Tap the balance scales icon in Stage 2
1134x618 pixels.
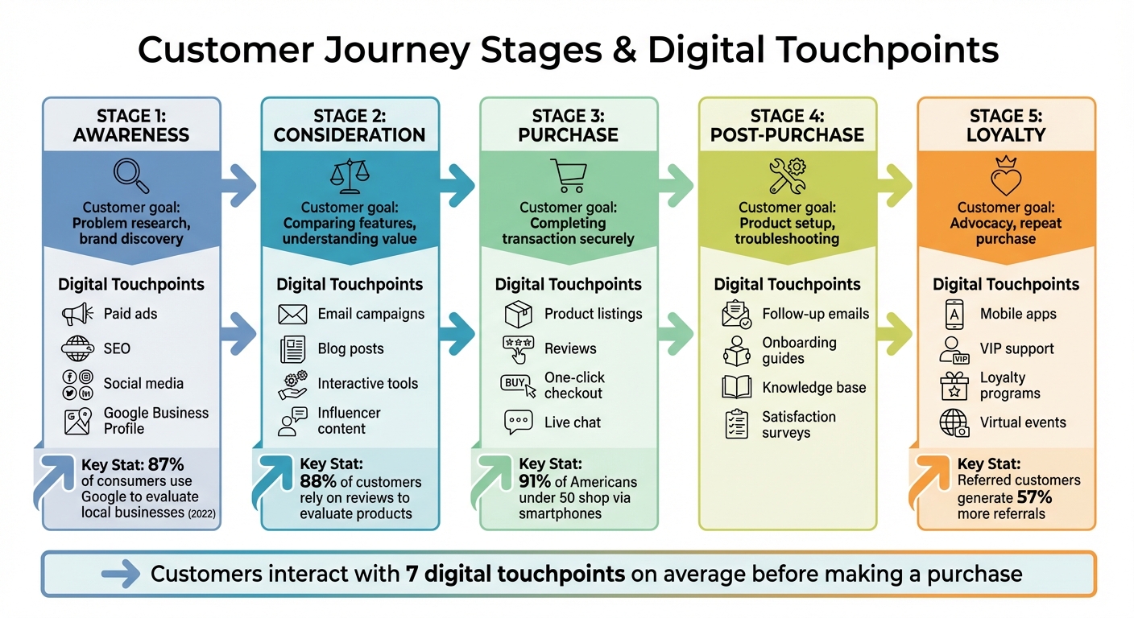pos(349,176)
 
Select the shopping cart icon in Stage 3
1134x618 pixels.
pos(568,175)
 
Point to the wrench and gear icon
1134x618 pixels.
pos(787,175)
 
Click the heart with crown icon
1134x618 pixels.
pos(1006,177)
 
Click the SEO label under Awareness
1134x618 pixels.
pos(117,349)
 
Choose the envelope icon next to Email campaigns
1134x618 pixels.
pos(292,314)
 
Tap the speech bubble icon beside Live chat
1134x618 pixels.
pos(517,422)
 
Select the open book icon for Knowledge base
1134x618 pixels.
pos(736,388)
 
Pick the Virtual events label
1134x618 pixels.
pos(1023,422)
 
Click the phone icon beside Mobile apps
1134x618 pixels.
pos(954,314)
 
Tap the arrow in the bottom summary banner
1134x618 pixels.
pos(121,575)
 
